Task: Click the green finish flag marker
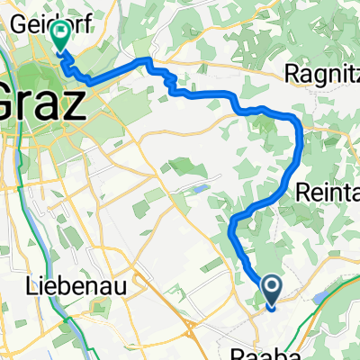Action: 60,36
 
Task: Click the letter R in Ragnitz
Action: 292,71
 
